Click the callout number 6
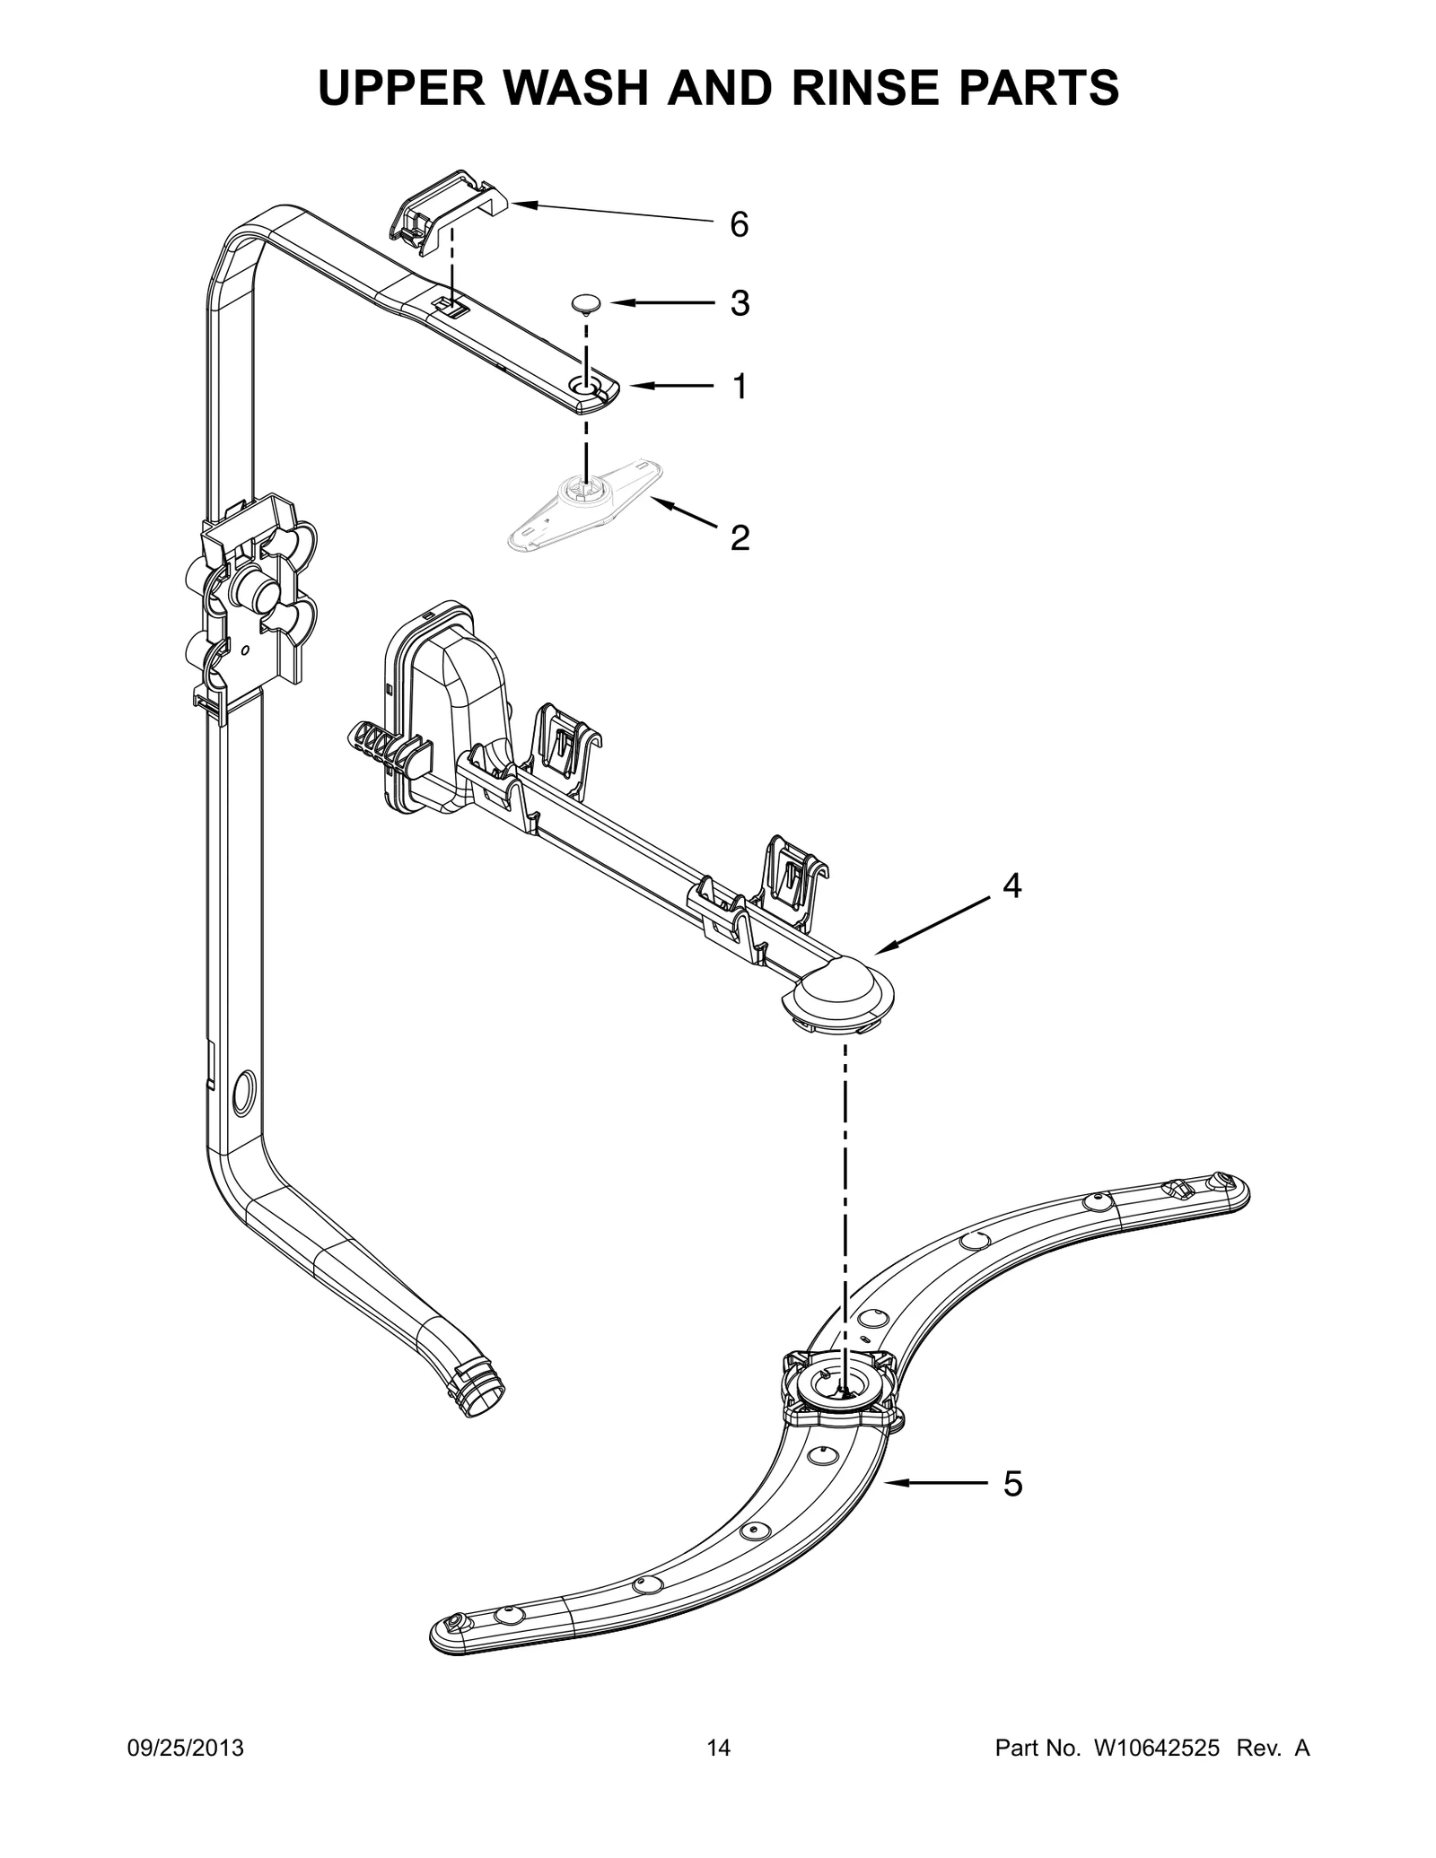[x=738, y=224]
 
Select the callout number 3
[x=738, y=304]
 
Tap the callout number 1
[x=739, y=387]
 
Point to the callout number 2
[x=739, y=538]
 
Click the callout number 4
[x=1011, y=886]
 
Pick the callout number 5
[x=1011, y=1485]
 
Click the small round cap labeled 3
[x=586, y=303]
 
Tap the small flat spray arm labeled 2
[x=583, y=507]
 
